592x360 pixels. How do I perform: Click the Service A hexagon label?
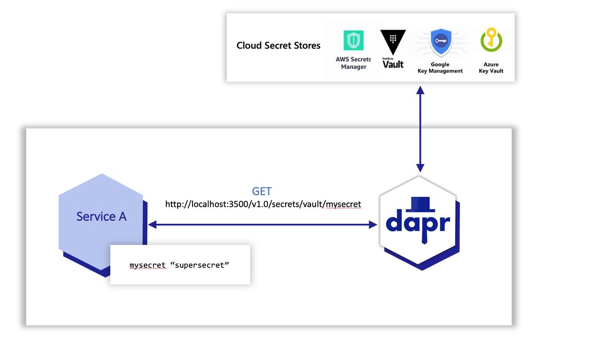click(x=101, y=217)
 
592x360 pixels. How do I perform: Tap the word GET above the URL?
click(x=262, y=192)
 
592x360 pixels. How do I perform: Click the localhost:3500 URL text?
click(x=263, y=204)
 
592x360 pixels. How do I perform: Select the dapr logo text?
click(x=418, y=222)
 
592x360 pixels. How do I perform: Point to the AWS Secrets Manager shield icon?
click(x=353, y=40)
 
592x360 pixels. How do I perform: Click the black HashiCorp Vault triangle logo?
click(x=392, y=41)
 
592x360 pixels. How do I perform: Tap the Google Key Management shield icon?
click(x=440, y=43)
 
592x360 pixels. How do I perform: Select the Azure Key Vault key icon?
click(x=491, y=40)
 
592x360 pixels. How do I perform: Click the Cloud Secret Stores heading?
click(x=278, y=46)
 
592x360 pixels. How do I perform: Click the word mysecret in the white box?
click(x=148, y=265)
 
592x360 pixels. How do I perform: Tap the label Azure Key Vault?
click(x=491, y=68)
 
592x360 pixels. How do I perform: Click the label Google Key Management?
click(x=440, y=68)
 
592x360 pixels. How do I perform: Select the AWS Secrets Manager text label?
click(x=353, y=63)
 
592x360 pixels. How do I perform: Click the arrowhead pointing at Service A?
click(x=152, y=225)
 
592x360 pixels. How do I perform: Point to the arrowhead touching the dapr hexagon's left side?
click(x=374, y=225)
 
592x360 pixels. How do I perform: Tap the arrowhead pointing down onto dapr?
click(x=421, y=168)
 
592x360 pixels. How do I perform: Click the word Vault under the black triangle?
click(x=393, y=64)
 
